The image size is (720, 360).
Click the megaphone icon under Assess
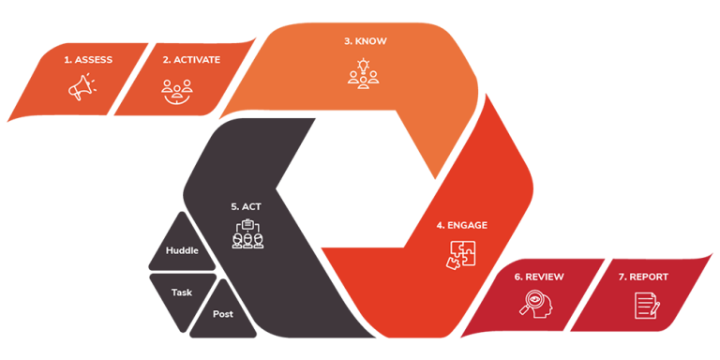click(80, 87)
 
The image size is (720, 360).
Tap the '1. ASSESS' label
click(88, 60)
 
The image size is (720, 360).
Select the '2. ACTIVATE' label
click(191, 60)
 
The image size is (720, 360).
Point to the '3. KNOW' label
click(365, 41)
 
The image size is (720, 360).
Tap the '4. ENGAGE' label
click(461, 225)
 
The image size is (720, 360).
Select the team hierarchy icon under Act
click(247, 233)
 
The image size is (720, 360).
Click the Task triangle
click(180, 292)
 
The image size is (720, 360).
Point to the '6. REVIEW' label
click(538, 277)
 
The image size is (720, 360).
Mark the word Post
click(223, 314)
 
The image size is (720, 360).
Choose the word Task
click(181, 292)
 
